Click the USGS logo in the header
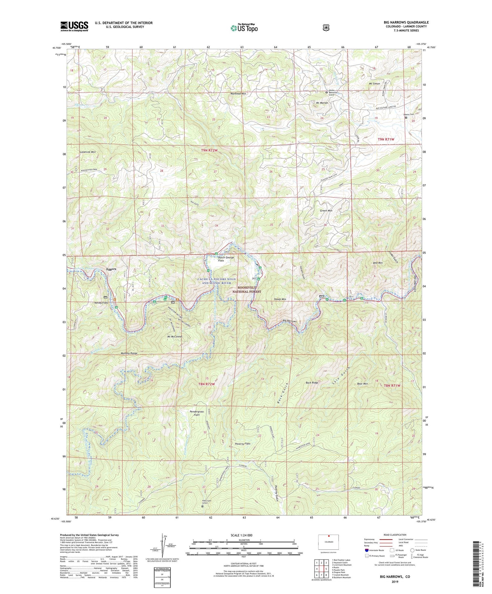point(74,26)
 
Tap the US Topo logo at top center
point(244,28)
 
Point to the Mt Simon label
point(374,84)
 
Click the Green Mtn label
point(326,211)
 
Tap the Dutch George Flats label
point(226,259)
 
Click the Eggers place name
point(112,269)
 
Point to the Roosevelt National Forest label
point(247,289)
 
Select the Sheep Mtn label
point(280,299)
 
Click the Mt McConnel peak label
point(174,337)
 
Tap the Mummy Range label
point(129,354)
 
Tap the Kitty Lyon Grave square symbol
point(202,506)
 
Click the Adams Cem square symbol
point(406,118)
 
